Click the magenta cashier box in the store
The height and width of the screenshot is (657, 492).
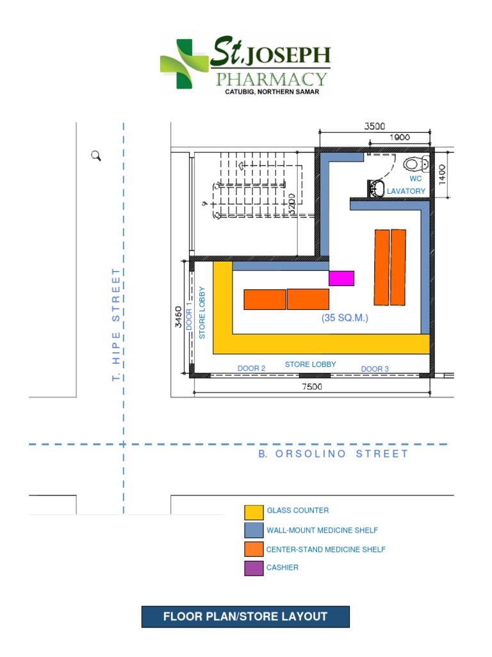[341, 278]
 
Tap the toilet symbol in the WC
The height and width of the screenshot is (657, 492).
[416, 163]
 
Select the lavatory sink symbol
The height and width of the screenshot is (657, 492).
[376, 189]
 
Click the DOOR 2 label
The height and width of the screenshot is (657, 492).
[251, 368]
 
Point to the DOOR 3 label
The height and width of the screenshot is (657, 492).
[375, 369]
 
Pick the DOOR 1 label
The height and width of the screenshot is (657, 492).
[190, 316]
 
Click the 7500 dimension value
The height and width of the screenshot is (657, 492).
[313, 386]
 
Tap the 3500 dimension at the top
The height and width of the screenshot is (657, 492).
[375, 126]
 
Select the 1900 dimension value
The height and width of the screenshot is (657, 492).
[399, 139]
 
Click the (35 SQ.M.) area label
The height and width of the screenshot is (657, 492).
[345, 318]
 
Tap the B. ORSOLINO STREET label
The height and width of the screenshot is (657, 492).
[333, 454]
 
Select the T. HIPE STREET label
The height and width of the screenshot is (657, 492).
[116, 325]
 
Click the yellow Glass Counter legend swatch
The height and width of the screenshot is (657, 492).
[254, 512]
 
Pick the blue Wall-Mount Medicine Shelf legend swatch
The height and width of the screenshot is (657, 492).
[254, 530]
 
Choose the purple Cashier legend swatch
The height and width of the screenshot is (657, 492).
[254, 568]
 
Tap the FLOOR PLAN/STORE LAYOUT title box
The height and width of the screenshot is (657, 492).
[245, 617]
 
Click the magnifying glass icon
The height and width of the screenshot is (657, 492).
[97, 156]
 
